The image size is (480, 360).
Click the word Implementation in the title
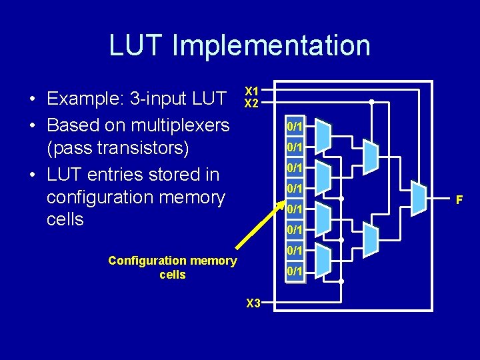pos(271,45)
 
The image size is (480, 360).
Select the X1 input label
pos(251,91)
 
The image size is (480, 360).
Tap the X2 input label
pos(251,103)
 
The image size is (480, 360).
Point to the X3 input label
pos(253,303)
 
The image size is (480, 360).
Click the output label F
pos(459,199)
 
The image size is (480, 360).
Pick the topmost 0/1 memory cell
pos(295,127)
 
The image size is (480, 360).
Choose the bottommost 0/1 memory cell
pos(295,272)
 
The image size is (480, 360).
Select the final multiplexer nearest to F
pos(418,199)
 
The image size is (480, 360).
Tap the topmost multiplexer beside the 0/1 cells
pos(322,136)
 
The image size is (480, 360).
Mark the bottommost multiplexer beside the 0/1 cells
pos(322,261)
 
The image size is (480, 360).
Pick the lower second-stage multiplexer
pos(370,240)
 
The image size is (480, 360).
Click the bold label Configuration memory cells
pos(172,267)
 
